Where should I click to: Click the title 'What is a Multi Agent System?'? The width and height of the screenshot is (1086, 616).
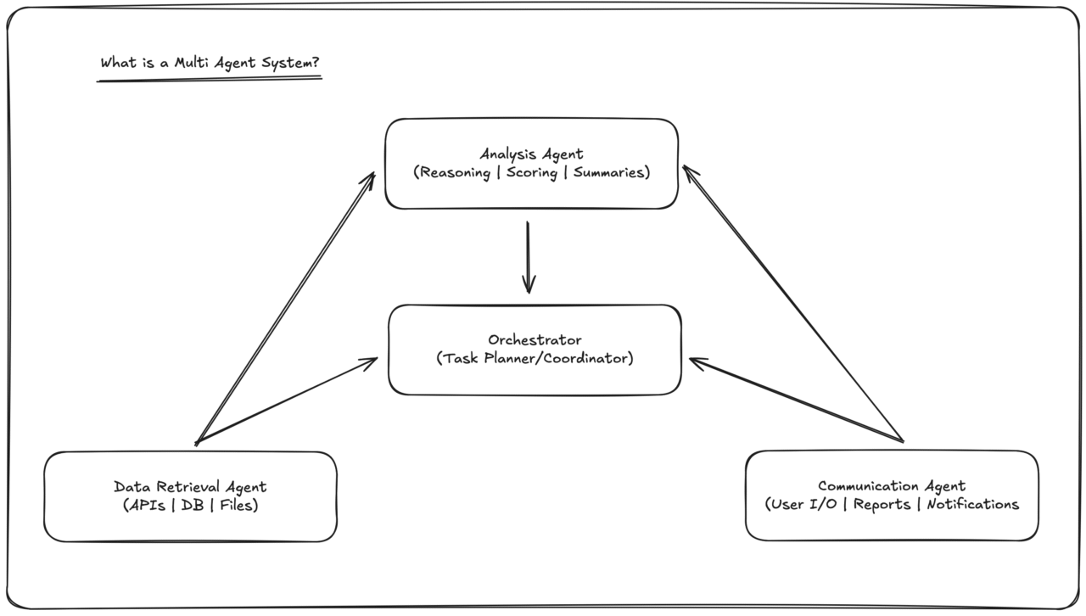(210, 63)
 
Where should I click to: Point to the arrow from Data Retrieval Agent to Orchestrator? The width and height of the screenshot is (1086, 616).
(287, 400)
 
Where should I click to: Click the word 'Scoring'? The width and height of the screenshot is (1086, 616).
(532, 172)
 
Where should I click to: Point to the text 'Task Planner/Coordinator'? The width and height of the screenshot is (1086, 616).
(535, 358)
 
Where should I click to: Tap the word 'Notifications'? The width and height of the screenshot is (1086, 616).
(972, 504)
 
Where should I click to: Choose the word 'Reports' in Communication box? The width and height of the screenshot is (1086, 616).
(882, 504)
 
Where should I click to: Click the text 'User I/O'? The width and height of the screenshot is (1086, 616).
(806, 504)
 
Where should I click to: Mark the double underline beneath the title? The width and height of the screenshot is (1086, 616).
(210, 79)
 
